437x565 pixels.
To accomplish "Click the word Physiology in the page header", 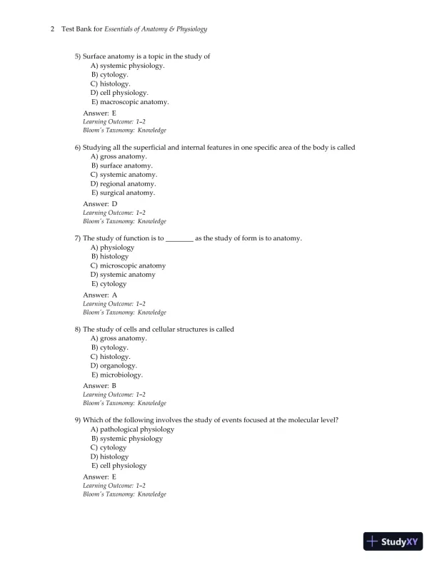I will (191, 29).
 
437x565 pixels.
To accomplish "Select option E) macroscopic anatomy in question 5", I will (130, 102).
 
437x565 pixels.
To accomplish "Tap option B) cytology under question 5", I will (110, 74).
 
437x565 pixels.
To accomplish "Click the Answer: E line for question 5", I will (99, 113).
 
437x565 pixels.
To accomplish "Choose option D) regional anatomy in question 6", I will (123, 184).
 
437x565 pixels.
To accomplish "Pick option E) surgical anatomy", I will (123, 193).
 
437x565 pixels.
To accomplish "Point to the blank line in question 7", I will (179, 238).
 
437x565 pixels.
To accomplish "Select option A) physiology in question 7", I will (113, 248).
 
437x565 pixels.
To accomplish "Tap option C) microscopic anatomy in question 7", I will (128, 265).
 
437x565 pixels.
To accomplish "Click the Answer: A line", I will (100, 295).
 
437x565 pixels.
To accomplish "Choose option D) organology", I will (114, 365).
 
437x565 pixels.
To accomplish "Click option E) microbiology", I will (117, 375).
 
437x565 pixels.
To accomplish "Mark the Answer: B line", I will (100, 386).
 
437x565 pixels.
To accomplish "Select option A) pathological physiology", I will (132, 429).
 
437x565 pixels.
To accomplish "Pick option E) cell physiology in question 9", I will (119, 466).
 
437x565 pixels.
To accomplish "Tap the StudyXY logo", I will (392, 541).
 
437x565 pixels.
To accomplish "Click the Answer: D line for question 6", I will (100, 204).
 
